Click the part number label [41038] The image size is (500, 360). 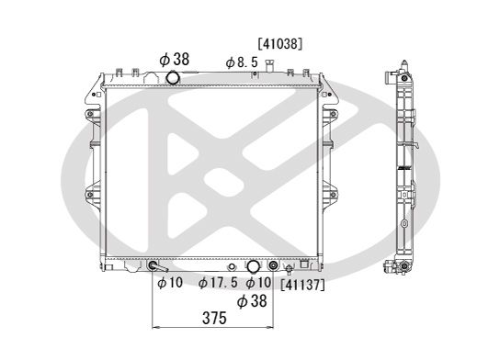coord(279,42)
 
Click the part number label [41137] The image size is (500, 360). coord(302,286)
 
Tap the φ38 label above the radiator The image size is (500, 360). coord(174,59)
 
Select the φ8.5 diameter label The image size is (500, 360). coord(242,62)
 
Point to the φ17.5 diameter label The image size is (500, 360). coord(219,283)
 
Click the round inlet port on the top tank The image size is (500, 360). coord(173,78)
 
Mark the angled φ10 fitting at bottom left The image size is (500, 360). coord(153,267)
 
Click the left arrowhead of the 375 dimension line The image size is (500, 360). coord(154,327)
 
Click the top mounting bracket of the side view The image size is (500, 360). coord(401,68)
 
